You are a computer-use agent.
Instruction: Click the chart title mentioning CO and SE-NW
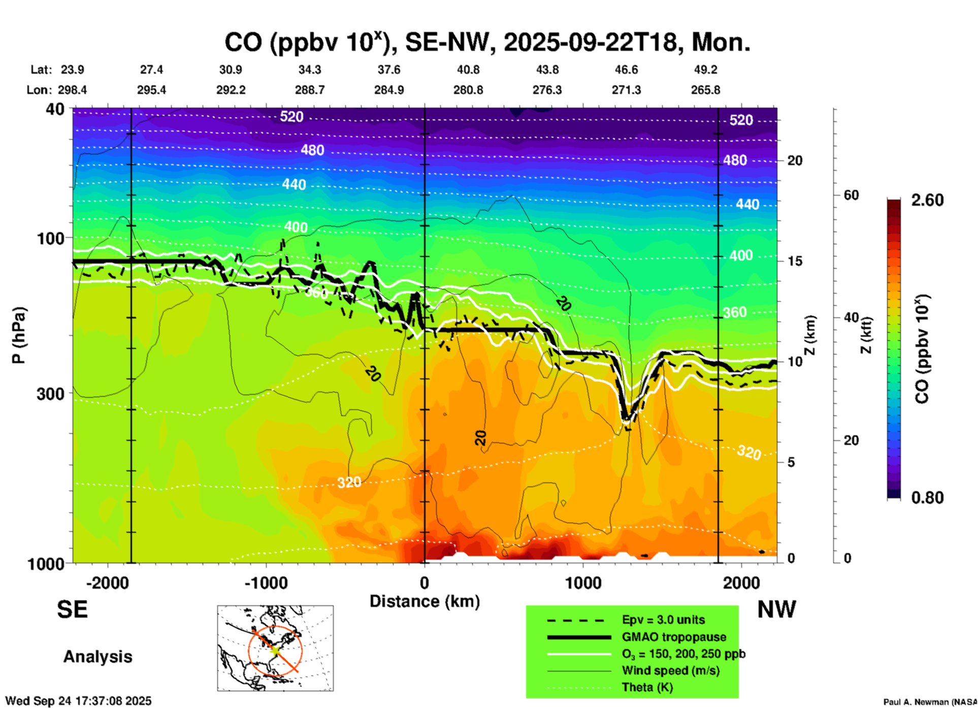point(487,42)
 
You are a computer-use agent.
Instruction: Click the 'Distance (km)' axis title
point(425,601)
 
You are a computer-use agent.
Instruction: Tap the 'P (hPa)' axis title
point(18,335)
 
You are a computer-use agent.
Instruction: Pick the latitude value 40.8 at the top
point(468,70)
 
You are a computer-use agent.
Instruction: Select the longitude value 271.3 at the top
point(626,90)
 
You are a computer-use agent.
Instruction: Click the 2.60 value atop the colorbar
point(927,200)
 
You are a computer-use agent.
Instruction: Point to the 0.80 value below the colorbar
point(927,498)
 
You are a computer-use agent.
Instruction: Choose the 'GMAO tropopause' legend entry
point(674,637)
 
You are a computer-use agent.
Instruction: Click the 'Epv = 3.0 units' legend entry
point(663,620)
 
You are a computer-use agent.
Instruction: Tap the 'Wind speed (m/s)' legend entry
point(670,670)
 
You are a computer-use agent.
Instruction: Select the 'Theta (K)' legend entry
point(647,687)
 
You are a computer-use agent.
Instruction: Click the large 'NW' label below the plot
point(776,609)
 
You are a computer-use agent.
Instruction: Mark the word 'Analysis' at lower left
point(97,657)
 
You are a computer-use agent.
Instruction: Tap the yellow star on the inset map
point(275,649)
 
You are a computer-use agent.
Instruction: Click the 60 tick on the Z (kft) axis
point(851,196)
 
